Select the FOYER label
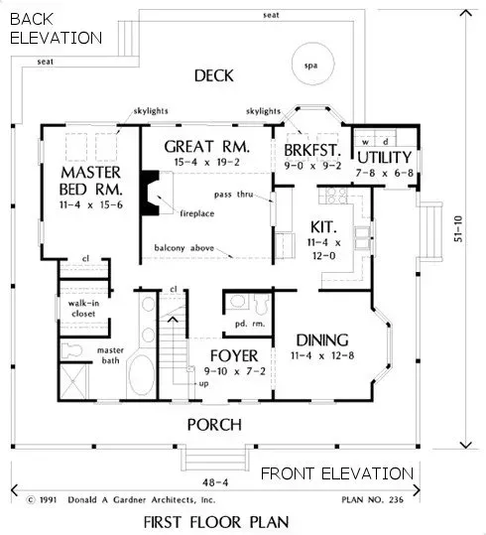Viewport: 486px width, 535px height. coord(233,355)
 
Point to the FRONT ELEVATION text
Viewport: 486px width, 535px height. coord(336,473)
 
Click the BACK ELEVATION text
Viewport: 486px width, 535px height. coord(54,29)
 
